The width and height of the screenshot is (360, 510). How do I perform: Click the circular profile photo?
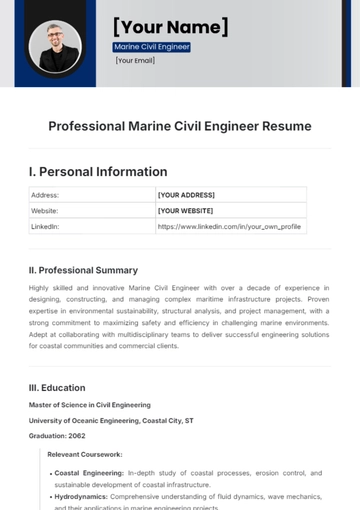point(55,46)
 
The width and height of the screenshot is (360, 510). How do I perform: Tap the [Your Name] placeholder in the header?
point(170,26)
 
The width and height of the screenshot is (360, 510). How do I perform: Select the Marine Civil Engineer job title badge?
point(151,47)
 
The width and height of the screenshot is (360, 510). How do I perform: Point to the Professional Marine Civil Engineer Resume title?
point(180,126)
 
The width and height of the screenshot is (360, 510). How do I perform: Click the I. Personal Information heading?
point(98,171)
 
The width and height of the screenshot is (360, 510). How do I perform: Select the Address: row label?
point(46,195)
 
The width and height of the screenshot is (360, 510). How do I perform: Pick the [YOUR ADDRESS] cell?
point(186,195)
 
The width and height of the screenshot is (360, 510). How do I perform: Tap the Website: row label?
point(46,211)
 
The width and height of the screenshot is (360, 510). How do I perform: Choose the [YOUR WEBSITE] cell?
point(186,211)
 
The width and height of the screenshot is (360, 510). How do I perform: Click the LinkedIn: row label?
point(46,226)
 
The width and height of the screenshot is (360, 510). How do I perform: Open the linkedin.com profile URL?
point(229,226)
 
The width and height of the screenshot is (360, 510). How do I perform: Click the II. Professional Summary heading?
point(83,270)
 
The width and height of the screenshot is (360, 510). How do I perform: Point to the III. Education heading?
point(57,387)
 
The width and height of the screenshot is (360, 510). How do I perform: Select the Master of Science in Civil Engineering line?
point(90,405)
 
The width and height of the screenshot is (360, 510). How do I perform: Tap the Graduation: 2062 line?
point(58,436)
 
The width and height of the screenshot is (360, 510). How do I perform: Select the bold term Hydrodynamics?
point(84,495)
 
